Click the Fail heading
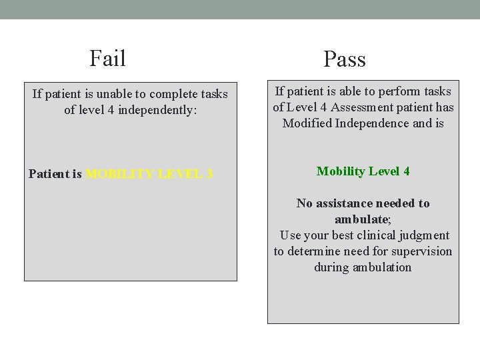point(107,58)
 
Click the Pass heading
point(345,59)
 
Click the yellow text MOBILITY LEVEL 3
point(149,174)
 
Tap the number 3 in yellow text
point(209,174)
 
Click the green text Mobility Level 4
point(363,171)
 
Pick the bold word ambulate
point(361,219)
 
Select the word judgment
point(425,235)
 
